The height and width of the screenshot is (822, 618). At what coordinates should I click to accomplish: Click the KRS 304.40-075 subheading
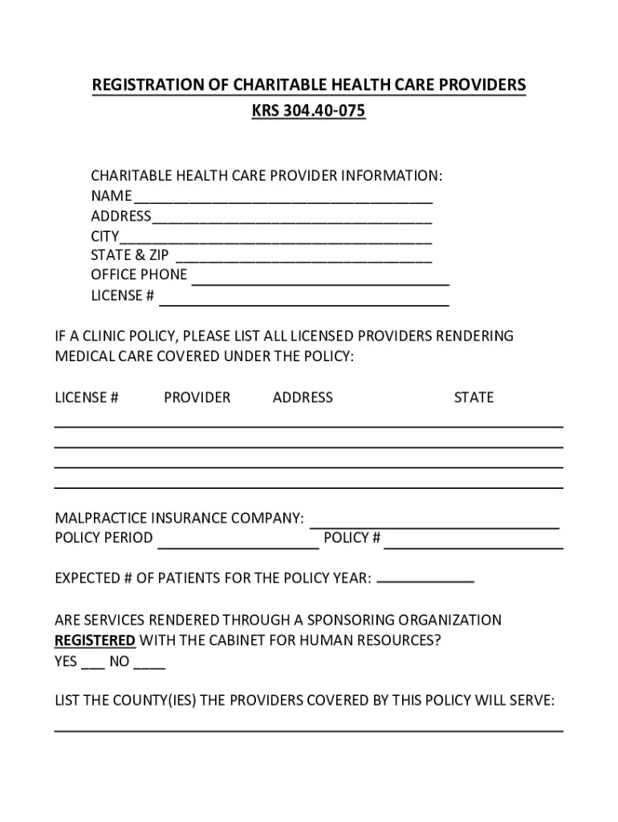308,111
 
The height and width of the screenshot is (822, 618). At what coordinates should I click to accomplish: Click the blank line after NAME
283,201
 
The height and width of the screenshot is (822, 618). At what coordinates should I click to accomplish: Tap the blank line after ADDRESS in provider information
291,221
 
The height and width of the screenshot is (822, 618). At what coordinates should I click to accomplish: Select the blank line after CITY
275,241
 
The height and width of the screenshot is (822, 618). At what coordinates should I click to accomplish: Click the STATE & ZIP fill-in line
303,261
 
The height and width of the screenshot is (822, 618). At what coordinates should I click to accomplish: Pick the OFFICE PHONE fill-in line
319,283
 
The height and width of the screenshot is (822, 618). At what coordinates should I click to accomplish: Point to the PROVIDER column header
197,397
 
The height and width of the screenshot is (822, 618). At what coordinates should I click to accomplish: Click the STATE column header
474,397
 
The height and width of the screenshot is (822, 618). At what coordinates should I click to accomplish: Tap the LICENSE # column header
87,397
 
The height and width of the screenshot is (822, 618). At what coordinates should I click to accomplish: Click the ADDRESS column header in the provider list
303,397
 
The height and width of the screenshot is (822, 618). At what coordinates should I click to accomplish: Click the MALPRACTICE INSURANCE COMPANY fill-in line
434,526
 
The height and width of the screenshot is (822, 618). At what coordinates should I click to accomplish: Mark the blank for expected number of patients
425,580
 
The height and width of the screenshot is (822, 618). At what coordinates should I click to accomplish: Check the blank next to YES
92,666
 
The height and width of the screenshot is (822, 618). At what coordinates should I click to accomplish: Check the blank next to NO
149,666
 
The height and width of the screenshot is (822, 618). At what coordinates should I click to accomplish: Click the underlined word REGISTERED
95,641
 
